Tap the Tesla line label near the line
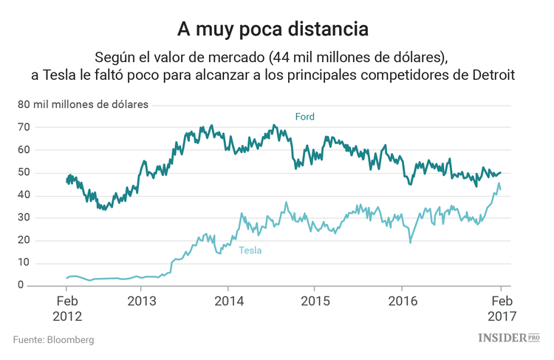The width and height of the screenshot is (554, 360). tap(250, 251)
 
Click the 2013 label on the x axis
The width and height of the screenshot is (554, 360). tap(142, 302)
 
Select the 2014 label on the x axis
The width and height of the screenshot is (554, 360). tap(228, 302)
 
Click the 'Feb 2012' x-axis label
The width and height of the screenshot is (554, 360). tap(67, 308)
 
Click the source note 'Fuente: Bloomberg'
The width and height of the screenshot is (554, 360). tap(53, 340)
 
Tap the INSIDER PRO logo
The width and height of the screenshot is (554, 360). tap(510, 338)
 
